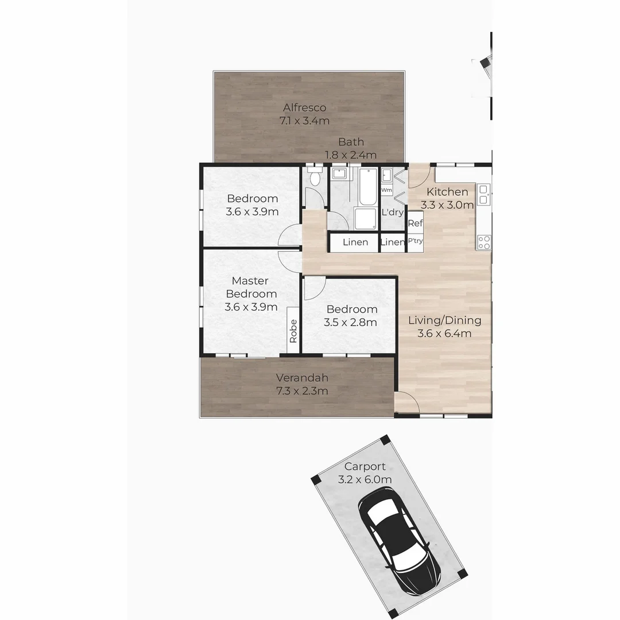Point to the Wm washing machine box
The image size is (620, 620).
[x=387, y=189]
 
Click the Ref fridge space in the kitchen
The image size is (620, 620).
[x=415, y=223]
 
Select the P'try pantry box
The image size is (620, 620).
[x=415, y=241]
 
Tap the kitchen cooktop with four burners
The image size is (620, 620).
[x=484, y=242]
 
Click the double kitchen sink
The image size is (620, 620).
[x=484, y=194]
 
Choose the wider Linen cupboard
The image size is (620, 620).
[x=355, y=242]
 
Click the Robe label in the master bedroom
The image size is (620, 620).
[x=293, y=331]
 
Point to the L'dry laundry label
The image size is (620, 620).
[x=393, y=212]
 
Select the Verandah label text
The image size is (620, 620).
[x=302, y=378]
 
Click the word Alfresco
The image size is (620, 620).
[x=304, y=107]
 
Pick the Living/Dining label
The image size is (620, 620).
[x=444, y=320]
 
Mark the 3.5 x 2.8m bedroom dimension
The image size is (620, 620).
[x=350, y=323]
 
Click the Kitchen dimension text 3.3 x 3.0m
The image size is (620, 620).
[x=448, y=205]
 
